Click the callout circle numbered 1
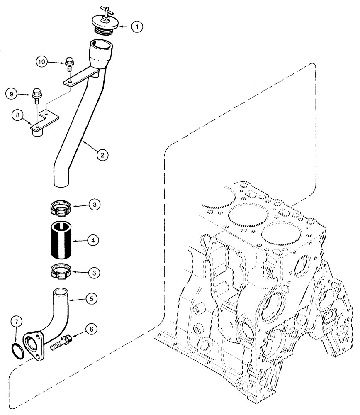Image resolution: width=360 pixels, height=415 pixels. click(137, 27)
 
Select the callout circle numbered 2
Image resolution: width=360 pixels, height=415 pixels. click(102, 155)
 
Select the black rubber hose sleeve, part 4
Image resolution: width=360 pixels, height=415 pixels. click(61, 240)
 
